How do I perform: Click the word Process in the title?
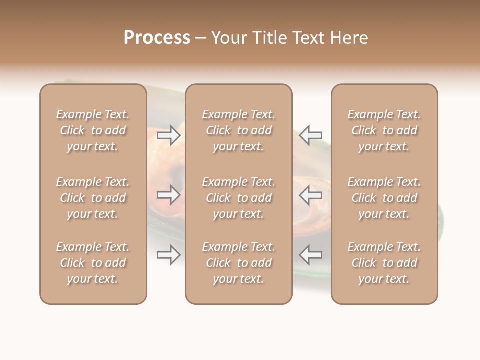click(157, 38)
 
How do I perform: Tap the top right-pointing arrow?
click(169, 135)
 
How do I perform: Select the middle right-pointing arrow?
click(169, 195)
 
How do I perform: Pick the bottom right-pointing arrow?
click(169, 255)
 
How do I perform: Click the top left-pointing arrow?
click(311, 135)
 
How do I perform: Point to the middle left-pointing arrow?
click(311, 195)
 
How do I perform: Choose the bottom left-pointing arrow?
click(311, 255)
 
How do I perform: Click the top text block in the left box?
click(93, 130)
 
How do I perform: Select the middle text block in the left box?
click(93, 198)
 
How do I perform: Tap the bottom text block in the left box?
click(93, 263)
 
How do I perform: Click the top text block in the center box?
click(239, 130)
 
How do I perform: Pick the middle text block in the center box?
click(239, 198)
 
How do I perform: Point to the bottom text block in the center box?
click(239, 263)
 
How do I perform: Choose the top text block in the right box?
click(384, 130)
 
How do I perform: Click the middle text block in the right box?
click(384, 198)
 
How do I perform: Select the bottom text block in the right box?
click(384, 263)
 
